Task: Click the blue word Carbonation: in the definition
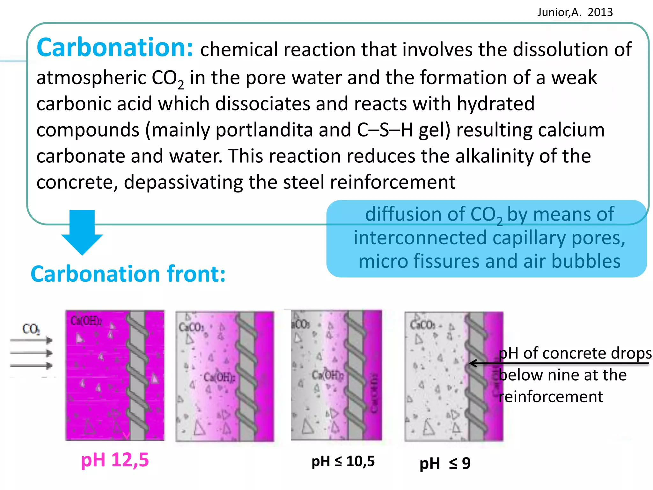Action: click(115, 48)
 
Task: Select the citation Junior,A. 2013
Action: click(575, 12)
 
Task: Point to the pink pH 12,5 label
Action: click(115, 460)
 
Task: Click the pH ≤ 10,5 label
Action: click(343, 461)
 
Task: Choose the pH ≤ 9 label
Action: click(445, 463)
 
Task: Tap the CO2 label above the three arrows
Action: click(31, 329)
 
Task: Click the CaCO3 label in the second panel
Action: click(191, 327)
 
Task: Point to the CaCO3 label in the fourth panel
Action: click(422, 325)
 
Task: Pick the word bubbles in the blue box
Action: click(586, 261)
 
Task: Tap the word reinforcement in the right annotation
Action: click(551, 397)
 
